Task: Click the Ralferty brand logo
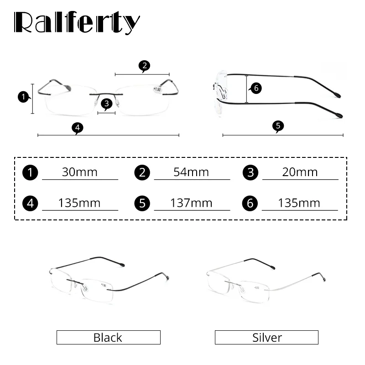tap(77, 22)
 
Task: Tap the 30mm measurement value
tap(80, 172)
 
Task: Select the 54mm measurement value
tap(191, 172)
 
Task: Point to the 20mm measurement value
tap(300, 172)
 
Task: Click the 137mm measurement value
tap(191, 203)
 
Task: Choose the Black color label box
tap(108, 338)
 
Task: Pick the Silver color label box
tap(266, 338)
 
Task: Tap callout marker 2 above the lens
tap(144, 66)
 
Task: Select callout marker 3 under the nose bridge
tap(106, 104)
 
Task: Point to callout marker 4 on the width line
tap(78, 128)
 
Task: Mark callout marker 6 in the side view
tap(256, 89)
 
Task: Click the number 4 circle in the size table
tap(30, 203)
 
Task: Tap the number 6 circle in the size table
tap(250, 203)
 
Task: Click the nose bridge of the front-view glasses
tap(106, 94)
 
